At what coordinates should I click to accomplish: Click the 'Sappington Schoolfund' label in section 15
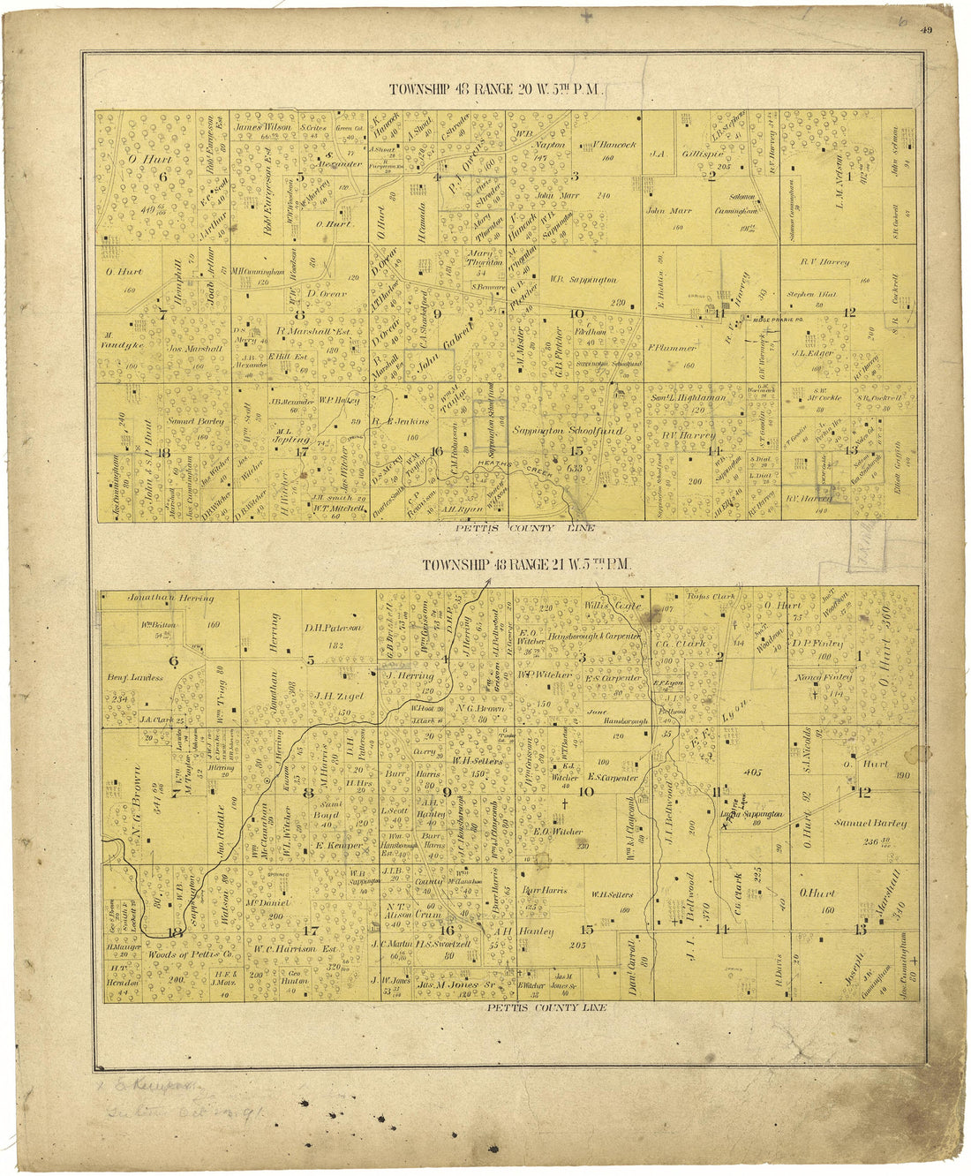tap(569, 431)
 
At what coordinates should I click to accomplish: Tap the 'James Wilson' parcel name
tap(262, 126)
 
